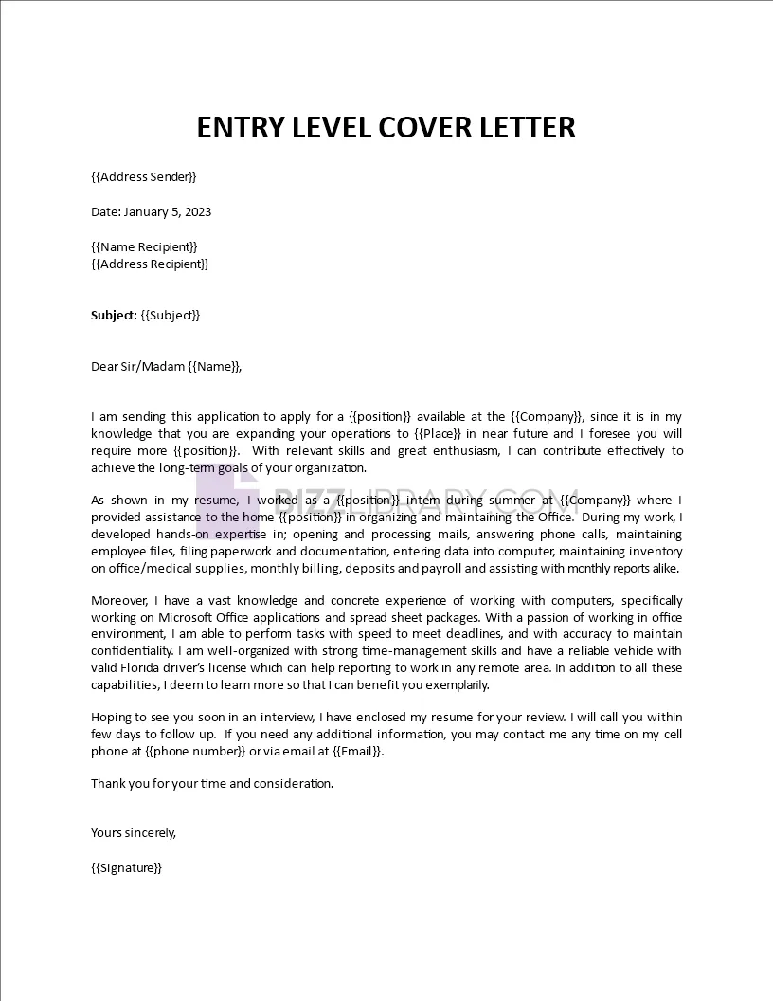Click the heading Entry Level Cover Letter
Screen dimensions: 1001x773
click(386, 127)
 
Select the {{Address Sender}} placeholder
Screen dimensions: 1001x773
click(144, 176)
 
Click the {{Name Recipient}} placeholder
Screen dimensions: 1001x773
click(144, 246)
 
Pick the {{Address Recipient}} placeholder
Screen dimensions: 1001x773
click(150, 264)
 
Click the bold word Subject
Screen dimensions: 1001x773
click(113, 315)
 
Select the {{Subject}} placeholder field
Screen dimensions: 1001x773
click(171, 315)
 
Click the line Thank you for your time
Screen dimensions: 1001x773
click(212, 783)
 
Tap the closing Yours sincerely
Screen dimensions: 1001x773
click(134, 832)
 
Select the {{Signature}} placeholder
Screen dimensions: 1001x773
click(127, 867)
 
